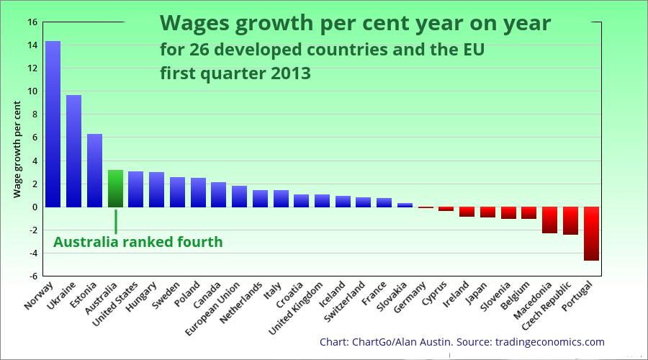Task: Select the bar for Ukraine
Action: [74, 151]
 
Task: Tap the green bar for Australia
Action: [115, 189]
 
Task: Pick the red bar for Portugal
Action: [591, 233]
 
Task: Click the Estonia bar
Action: [95, 171]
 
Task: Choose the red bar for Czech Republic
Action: [570, 220]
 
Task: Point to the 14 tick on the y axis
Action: [32, 45]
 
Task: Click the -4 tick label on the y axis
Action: [32, 253]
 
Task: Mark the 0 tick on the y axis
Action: [33, 207]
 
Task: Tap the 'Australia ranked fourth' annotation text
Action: [138, 242]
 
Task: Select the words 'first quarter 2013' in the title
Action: [235, 73]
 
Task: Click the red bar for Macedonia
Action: [549, 220]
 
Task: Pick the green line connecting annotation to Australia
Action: [115, 221]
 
